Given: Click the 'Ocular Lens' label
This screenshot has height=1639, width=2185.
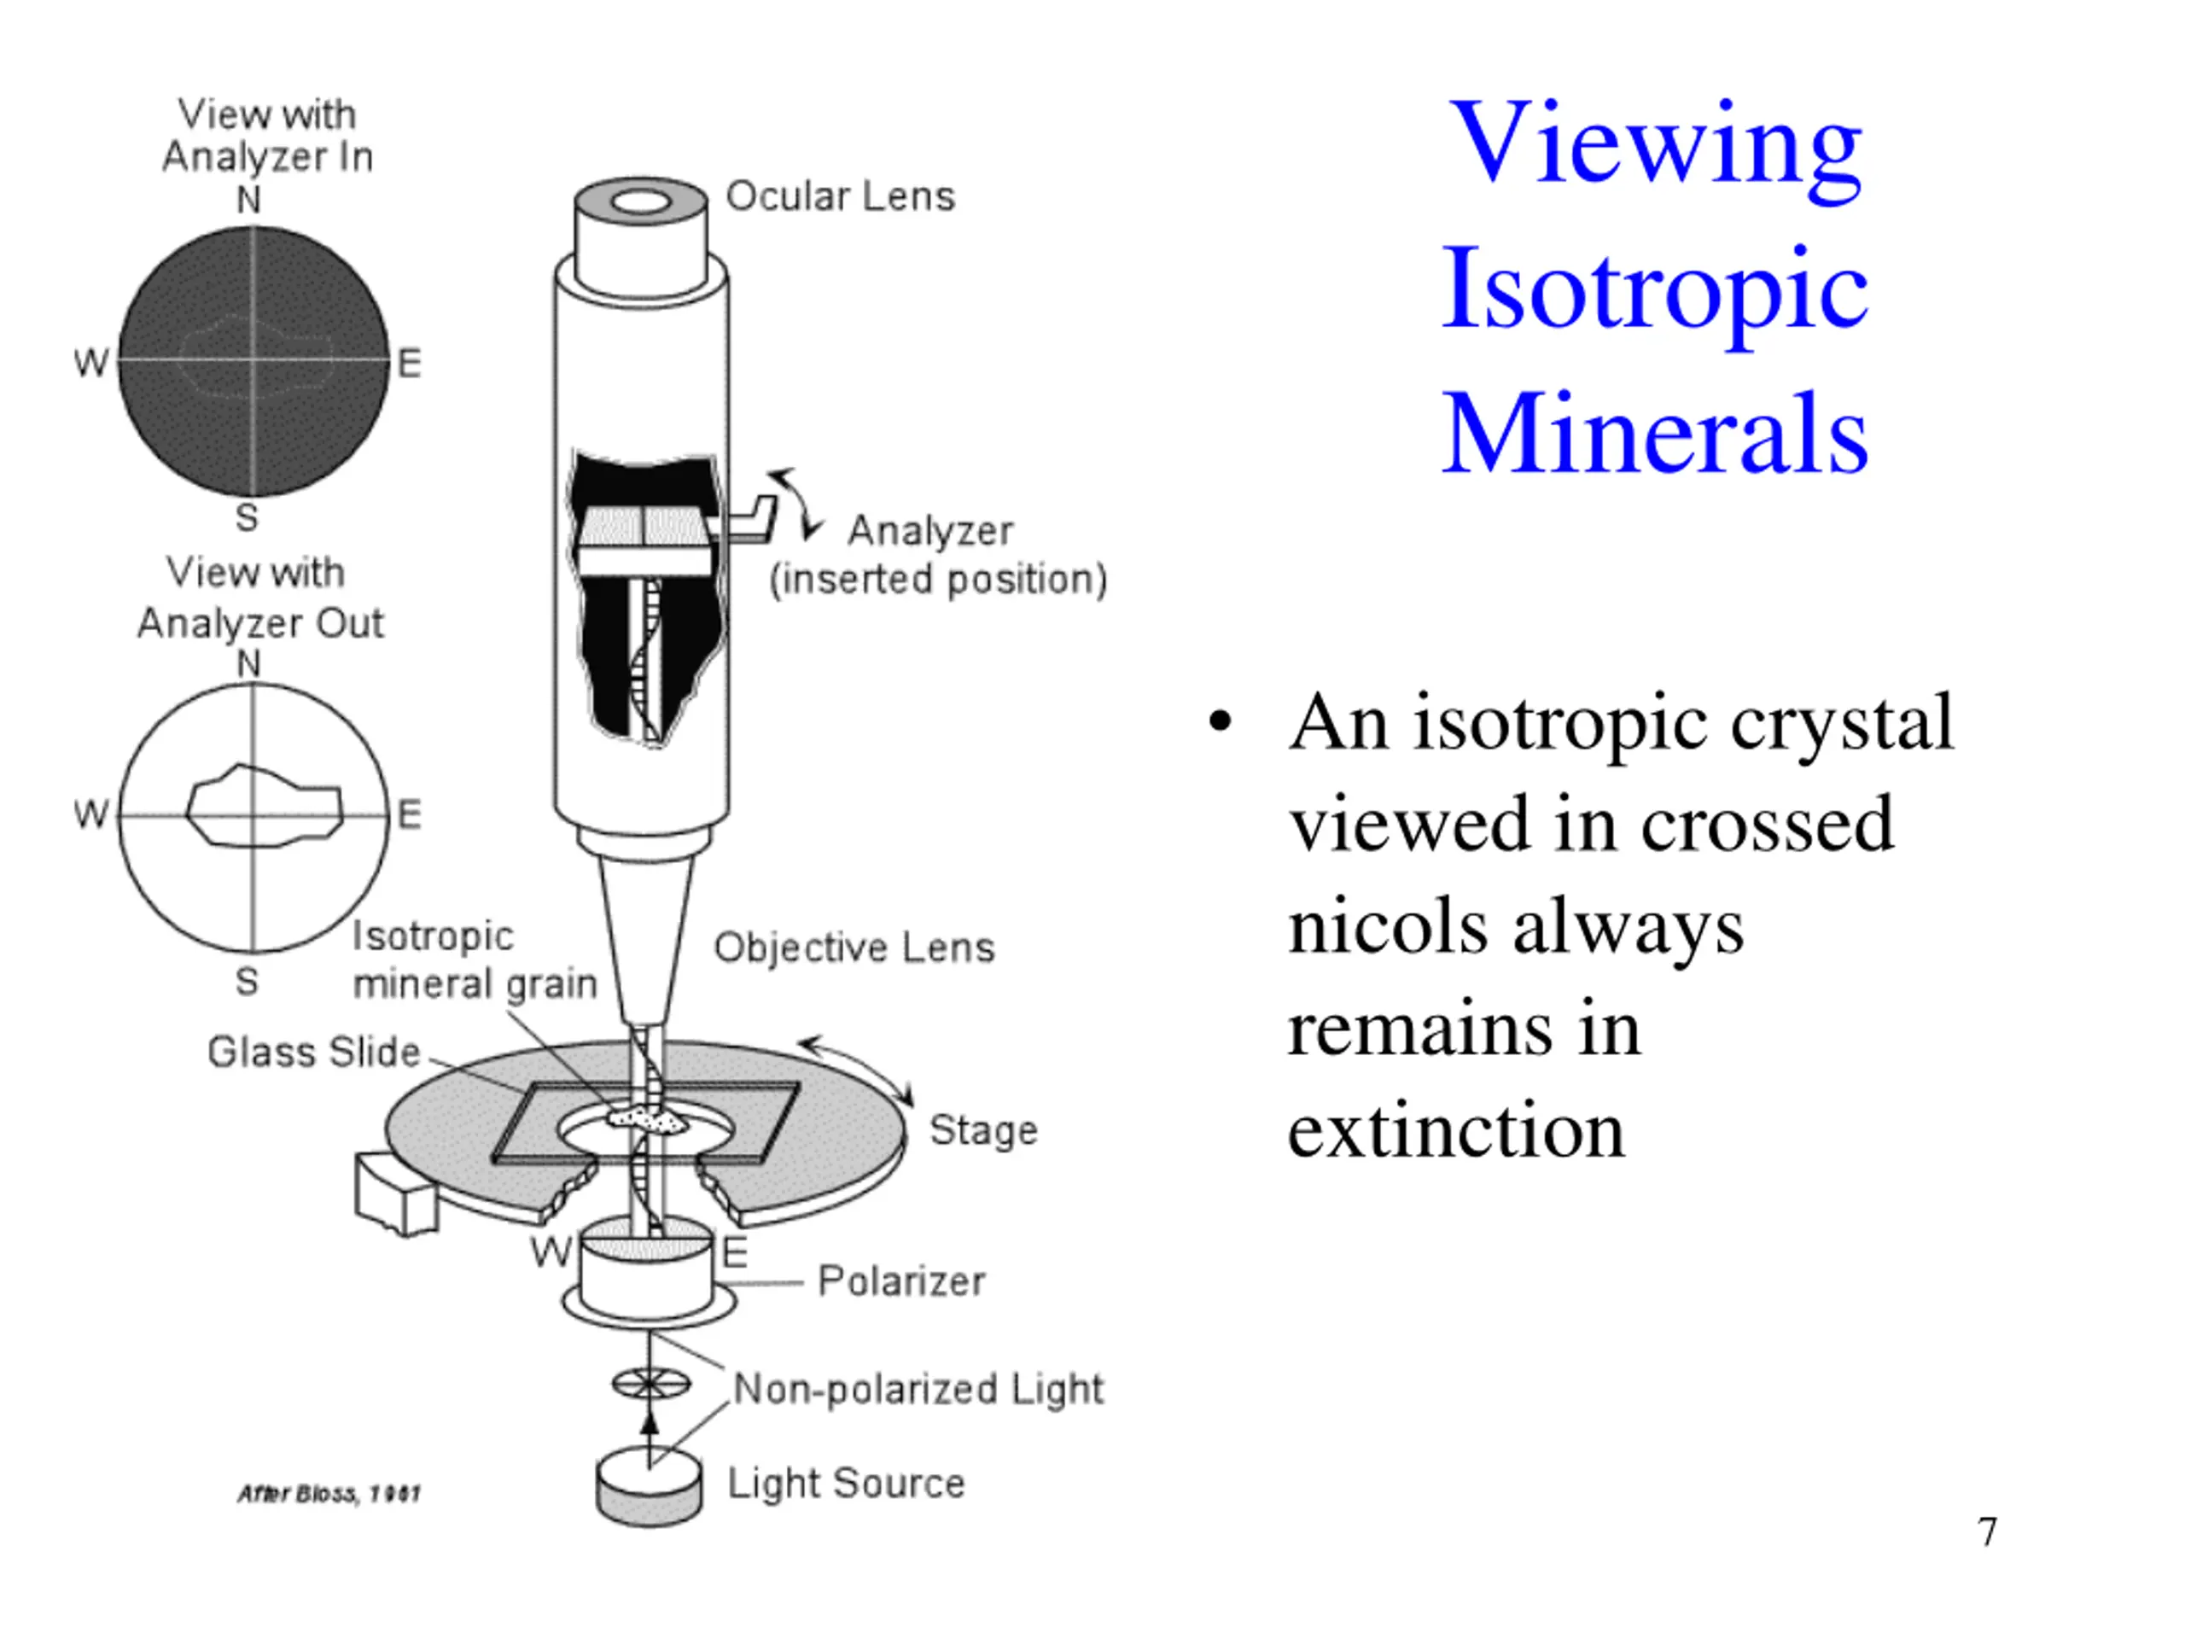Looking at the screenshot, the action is pos(841,195).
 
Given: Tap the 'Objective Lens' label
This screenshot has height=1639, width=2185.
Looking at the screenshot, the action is pos(854,948).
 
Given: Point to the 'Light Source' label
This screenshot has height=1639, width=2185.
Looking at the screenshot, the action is pos(847,1483).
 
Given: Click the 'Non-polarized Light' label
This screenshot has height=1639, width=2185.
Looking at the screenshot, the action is pos(918,1389).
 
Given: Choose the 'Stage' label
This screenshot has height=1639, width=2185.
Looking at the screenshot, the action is pos(984,1130).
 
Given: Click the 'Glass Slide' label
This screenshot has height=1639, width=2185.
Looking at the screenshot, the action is pos(314,1053).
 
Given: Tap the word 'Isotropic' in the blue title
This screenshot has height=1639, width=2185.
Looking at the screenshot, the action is pos(1656,289).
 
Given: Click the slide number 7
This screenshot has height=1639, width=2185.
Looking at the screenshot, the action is pos(1988,1532).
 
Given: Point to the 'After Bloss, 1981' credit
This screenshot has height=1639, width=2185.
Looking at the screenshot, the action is pos(329,1494).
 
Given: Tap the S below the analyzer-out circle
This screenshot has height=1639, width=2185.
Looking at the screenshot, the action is pos(247,982).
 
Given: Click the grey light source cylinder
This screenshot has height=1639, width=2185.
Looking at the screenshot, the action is pos(649,1487).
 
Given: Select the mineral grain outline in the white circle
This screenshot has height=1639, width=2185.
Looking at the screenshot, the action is pos(265,806).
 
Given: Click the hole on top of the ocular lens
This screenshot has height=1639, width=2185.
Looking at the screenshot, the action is pos(642,203).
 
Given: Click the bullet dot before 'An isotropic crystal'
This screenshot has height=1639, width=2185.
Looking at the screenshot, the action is pos(1221,722).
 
